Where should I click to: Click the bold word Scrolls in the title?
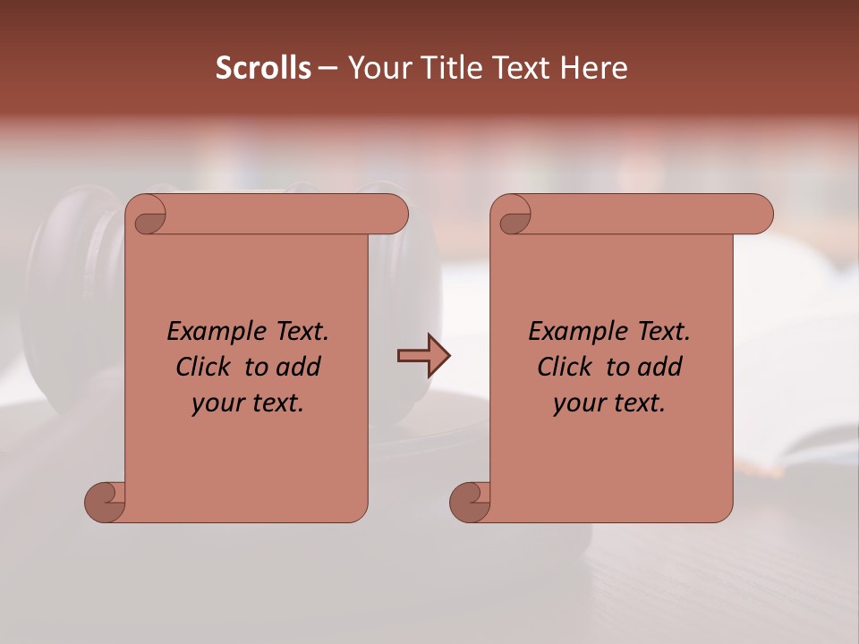click(263, 68)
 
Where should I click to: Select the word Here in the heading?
click(594, 68)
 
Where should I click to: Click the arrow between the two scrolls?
click(423, 357)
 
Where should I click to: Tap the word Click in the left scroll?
click(206, 367)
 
